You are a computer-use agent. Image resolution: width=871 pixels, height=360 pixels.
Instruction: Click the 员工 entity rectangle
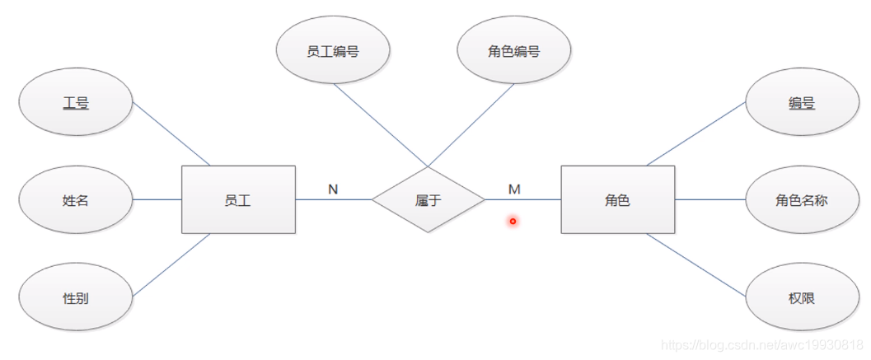[x=238, y=199]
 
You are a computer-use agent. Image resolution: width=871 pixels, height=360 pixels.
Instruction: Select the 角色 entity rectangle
[x=617, y=199]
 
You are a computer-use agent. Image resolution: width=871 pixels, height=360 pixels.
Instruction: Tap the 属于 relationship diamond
[x=428, y=199]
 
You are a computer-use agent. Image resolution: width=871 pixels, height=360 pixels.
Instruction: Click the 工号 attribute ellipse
[x=76, y=103]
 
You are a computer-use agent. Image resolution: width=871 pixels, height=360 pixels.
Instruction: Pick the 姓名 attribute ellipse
[x=76, y=199]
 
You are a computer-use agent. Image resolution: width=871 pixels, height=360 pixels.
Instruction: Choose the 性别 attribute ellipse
[x=76, y=297]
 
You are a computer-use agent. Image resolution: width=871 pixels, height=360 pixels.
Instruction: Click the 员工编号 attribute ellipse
[x=332, y=50]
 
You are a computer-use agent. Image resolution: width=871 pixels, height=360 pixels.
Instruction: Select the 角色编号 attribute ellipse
[x=513, y=50]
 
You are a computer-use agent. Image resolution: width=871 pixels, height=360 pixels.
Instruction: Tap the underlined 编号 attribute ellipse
[x=801, y=103]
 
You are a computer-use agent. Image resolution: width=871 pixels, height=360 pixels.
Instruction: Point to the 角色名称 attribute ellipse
[x=801, y=199]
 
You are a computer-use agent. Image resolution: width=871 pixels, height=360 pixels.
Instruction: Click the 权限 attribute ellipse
[x=801, y=297]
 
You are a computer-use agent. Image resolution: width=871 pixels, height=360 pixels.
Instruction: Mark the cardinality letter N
[x=333, y=189]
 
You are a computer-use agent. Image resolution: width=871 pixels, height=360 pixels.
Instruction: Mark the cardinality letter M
[x=514, y=189]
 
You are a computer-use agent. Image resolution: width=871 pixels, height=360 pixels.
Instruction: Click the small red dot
[x=513, y=221]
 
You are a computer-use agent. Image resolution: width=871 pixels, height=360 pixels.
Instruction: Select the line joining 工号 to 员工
[x=171, y=134]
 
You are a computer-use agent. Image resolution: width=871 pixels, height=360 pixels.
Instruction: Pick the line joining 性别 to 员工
[x=171, y=264]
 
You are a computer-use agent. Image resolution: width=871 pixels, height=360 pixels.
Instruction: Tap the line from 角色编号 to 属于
[x=471, y=124]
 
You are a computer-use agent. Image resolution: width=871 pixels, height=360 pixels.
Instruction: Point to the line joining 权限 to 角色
[x=697, y=264]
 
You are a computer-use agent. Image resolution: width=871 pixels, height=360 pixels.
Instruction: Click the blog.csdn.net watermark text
[x=762, y=344]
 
